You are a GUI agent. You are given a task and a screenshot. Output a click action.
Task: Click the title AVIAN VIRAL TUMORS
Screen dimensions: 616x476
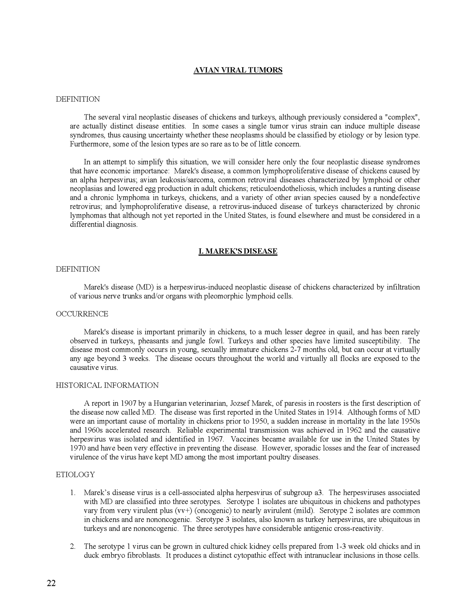point(238,70)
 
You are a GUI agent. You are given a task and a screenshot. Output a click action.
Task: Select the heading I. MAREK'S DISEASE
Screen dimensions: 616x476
point(238,251)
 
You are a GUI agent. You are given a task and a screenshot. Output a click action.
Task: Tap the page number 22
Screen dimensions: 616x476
point(51,583)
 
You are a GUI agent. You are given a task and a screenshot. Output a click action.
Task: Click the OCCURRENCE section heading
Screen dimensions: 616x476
point(82,314)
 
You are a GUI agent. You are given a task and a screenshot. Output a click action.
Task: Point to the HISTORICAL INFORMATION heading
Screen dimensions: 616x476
point(107,385)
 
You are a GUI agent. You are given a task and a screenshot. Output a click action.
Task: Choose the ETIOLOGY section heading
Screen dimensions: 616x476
point(75,475)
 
